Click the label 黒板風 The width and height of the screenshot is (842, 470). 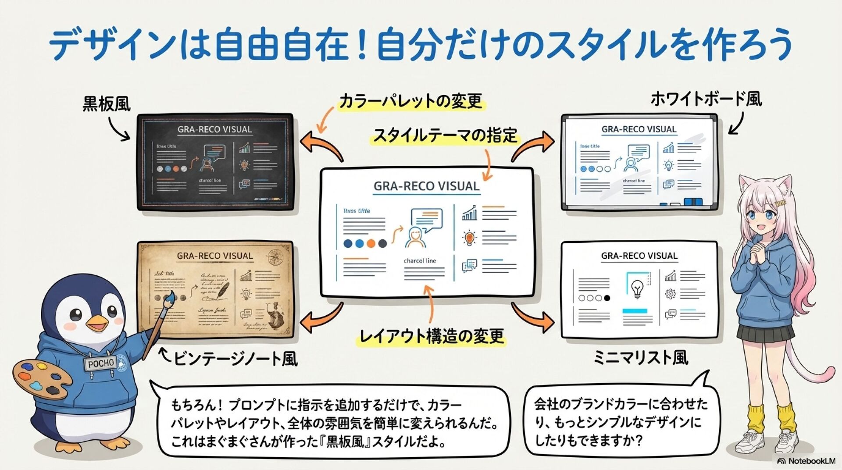[107, 104]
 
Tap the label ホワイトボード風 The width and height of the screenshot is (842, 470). [706, 99]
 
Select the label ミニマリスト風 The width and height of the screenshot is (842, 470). [640, 358]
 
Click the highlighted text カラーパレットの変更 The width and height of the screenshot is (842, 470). [410, 101]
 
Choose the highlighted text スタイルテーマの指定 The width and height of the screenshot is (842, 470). [445, 135]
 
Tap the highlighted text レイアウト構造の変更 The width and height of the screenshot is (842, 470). [432, 336]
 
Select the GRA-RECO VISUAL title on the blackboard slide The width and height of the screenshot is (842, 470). [214, 129]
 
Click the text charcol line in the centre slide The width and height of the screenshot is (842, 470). [420, 260]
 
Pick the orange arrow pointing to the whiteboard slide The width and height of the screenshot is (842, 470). [532, 147]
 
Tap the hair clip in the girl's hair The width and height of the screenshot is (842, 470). [780, 203]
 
